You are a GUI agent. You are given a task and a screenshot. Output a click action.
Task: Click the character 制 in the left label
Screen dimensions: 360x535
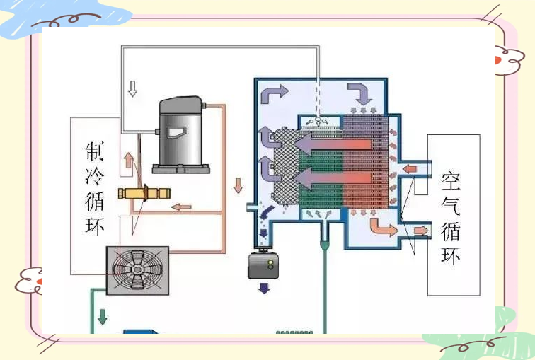coord(95,151)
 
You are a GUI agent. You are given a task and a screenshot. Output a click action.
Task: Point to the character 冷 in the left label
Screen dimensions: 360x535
coord(95,177)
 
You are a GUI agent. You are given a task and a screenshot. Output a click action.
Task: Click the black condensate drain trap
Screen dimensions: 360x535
coord(263,267)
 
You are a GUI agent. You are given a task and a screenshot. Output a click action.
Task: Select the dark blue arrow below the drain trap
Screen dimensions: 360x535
coord(263,288)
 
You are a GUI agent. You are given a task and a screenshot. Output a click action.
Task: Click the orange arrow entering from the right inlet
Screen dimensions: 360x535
coord(411,168)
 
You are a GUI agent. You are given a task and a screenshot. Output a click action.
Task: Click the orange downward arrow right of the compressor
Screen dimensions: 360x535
coord(238,186)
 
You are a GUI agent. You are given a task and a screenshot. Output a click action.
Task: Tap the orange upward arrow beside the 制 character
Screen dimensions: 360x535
coord(128,160)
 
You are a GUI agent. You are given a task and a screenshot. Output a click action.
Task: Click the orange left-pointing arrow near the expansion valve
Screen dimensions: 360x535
coord(183,207)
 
